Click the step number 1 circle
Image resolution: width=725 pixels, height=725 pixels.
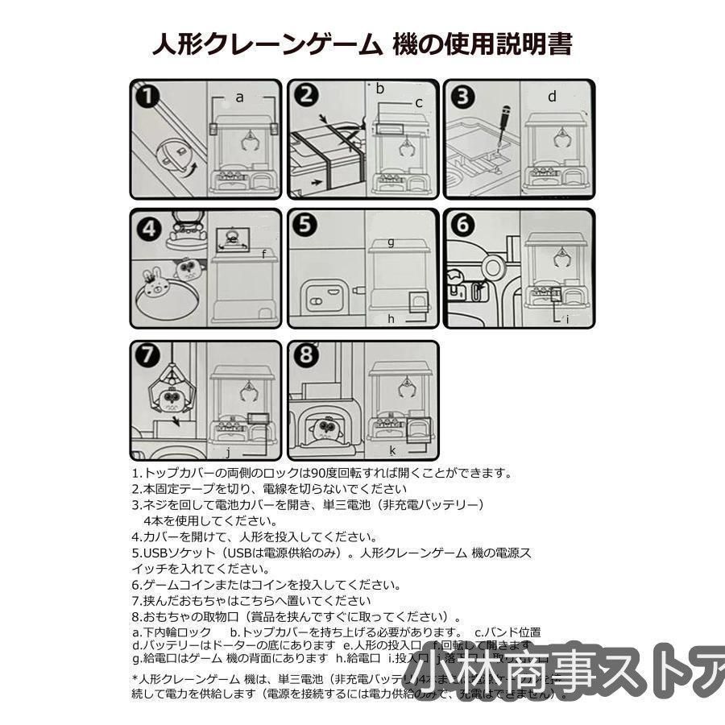[x=146, y=96]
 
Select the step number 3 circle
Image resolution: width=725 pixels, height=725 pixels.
[x=462, y=97]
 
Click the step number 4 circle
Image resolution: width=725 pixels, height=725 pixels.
[x=147, y=228]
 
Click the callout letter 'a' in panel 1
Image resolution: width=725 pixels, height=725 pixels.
[x=239, y=96]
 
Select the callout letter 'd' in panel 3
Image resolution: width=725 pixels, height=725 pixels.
[x=552, y=97]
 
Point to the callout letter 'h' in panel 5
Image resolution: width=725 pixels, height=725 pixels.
[x=391, y=319]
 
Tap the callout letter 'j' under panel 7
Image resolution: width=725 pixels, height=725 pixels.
[x=228, y=451]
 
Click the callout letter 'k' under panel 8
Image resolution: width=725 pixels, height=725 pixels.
[x=392, y=450]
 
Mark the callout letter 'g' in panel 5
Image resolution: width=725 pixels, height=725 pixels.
[x=391, y=241]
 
